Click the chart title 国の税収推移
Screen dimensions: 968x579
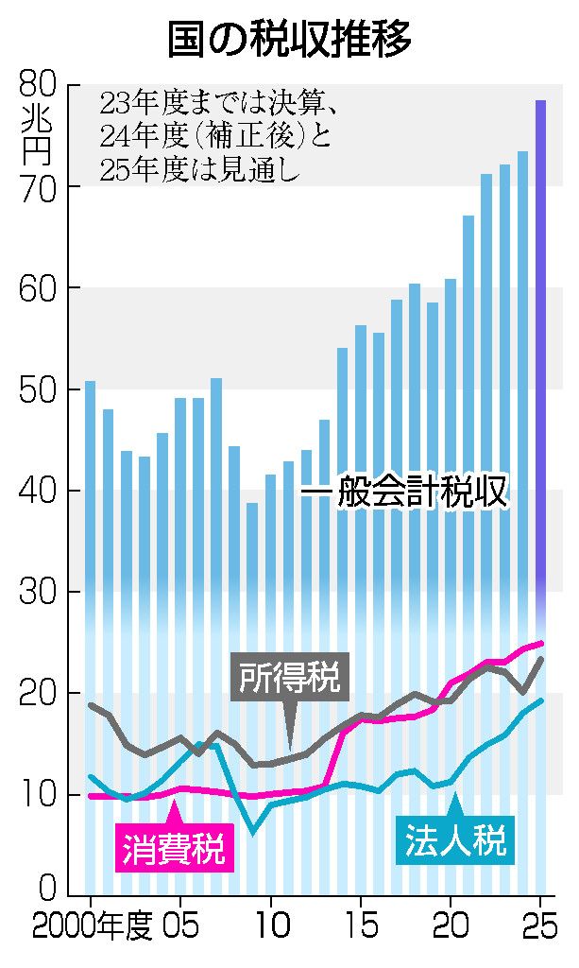289,40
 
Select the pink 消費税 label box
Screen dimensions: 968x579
173,846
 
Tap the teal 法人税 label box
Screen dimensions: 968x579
455,839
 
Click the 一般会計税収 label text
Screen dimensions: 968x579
404,493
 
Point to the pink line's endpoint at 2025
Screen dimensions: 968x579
541,644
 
